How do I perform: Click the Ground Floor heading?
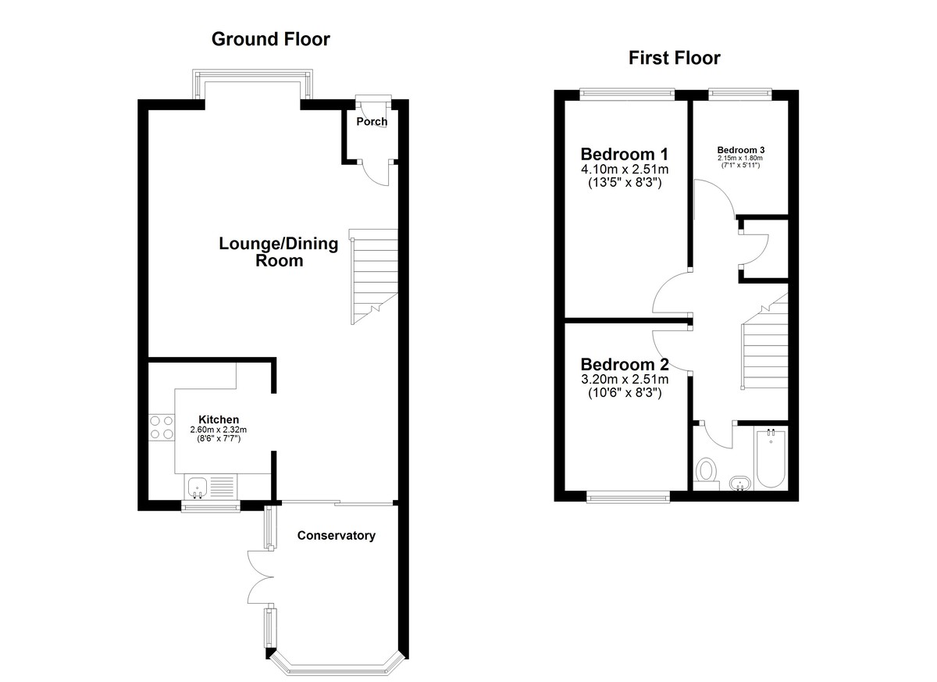(x=271, y=39)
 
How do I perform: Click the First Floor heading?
(x=675, y=58)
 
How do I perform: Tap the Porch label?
(x=372, y=121)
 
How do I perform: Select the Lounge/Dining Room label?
(x=279, y=252)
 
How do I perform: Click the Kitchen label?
(x=219, y=420)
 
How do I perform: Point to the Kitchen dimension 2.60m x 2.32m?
(x=219, y=430)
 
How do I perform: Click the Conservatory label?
(x=337, y=536)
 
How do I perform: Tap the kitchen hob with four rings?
(x=162, y=427)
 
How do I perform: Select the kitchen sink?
(x=210, y=487)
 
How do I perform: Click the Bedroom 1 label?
(x=625, y=155)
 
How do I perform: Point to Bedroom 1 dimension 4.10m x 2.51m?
(x=625, y=170)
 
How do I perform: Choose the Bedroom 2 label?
(x=625, y=364)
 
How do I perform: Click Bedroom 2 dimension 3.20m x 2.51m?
(x=625, y=380)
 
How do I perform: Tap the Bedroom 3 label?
(x=741, y=150)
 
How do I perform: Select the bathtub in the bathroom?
(x=771, y=459)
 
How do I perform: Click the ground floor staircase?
(x=373, y=277)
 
